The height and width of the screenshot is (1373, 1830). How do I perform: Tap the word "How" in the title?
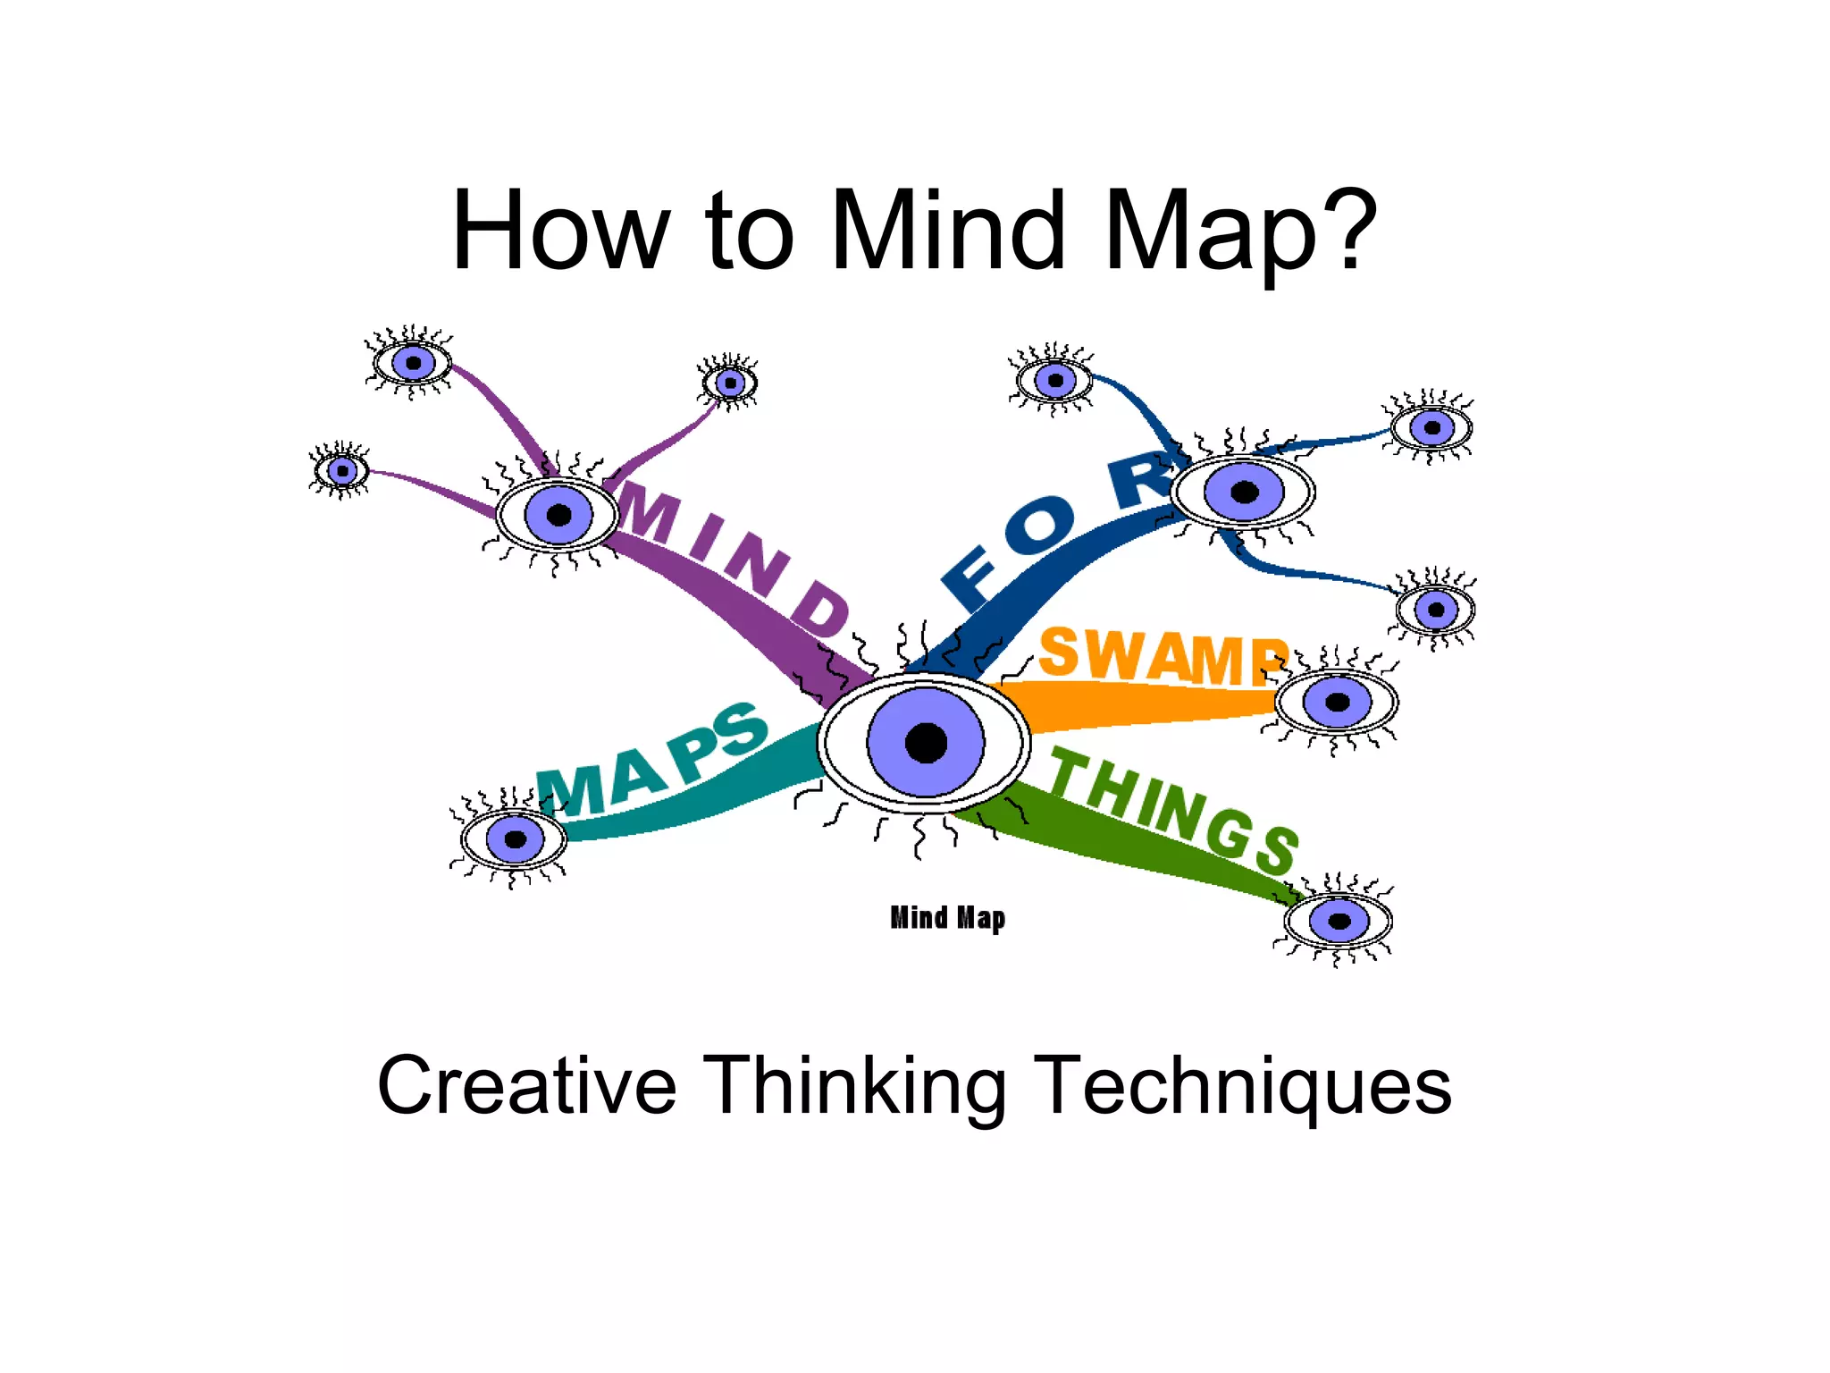tap(559, 230)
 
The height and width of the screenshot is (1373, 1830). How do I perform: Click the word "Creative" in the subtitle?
tap(527, 1086)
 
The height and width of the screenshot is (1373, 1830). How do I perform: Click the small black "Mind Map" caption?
tap(947, 918)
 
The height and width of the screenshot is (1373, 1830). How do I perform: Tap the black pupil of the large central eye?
tap(926, 743)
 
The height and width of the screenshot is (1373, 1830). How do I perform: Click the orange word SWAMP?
tap(1162, 656)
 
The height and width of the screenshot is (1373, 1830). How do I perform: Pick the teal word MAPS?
tap(652, 760)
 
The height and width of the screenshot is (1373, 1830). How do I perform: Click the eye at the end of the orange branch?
tap(1337, 702)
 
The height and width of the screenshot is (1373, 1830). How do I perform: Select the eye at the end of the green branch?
tap(1339, 921)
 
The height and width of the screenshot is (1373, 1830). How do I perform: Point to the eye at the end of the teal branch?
tap(514, 838)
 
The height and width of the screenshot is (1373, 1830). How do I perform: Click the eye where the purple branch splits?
tap(558, 515)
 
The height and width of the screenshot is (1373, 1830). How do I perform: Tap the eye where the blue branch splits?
tap(1243, 492)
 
